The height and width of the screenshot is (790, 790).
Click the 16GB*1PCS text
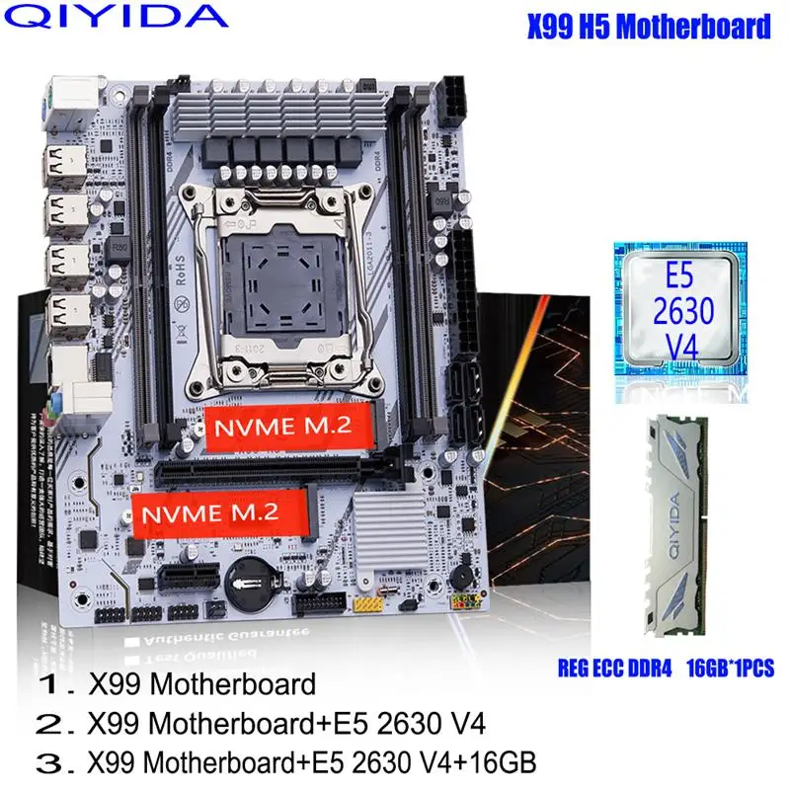pyautogui.click(x=725, y=669)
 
